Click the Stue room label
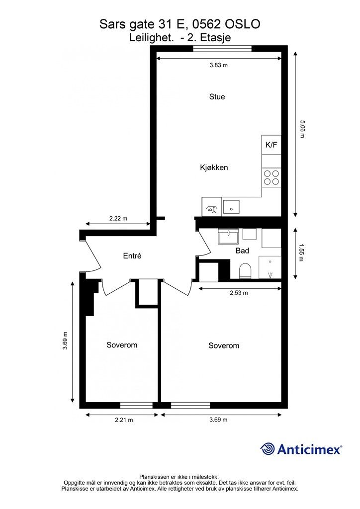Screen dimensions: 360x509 217,97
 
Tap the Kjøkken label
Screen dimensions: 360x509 214,168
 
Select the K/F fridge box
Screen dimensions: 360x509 271,145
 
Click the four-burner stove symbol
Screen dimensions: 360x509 271,177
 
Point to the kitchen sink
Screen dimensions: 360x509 231,206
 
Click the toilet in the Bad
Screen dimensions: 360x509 245,271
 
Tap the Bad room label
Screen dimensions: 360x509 242,251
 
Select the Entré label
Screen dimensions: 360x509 132,256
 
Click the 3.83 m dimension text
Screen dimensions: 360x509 218,65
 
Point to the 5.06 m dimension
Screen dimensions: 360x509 302,129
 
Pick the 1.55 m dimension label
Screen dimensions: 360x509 301,253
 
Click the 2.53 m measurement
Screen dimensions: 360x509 239,293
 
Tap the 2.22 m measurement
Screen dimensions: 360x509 118,219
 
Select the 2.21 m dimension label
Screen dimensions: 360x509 124,420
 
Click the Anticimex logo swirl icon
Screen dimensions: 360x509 268,449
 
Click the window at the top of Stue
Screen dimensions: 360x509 222,49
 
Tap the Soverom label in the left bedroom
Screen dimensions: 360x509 122,345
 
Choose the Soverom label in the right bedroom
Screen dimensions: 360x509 224,346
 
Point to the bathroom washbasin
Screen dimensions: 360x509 229,236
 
